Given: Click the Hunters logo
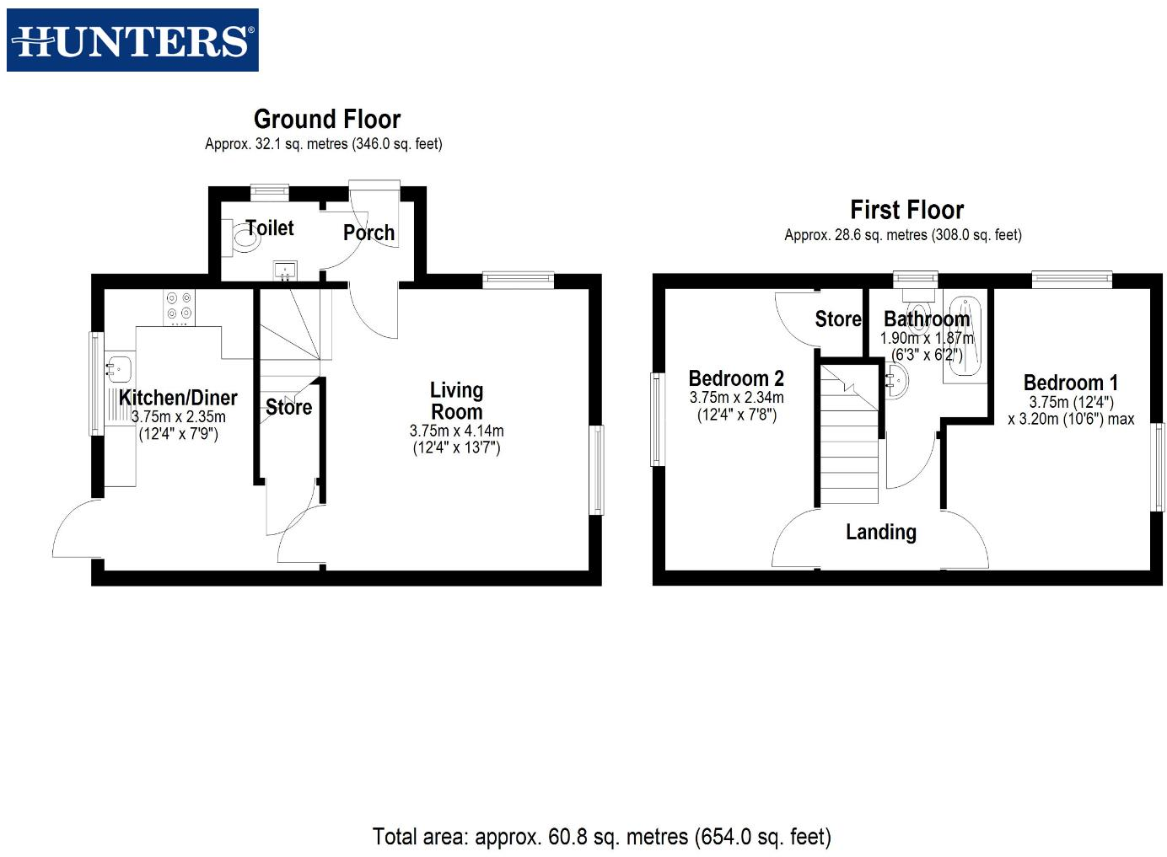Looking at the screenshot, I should pos(132,40).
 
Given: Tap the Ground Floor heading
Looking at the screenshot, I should pos(327,119).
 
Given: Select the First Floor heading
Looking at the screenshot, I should pos(906,210).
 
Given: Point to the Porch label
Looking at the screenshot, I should pos(368,233).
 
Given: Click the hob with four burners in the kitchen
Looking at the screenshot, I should pos(179,307).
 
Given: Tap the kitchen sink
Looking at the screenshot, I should pos(117,367).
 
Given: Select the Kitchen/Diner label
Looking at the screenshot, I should pos(178,398).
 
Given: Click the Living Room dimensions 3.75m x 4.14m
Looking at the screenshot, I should pos(456,431).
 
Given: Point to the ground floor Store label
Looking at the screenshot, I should pos(288,407).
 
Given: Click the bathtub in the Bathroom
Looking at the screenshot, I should pos(961,337).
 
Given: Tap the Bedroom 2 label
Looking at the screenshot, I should pos(736,378).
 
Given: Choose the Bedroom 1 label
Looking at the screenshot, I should pos(1070,383).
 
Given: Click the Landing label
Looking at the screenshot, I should pos(880,532).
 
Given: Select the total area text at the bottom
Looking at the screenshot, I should pos(601,837).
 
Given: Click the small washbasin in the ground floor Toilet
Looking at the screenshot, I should pos(285,270).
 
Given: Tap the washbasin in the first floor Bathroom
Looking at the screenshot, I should pos(897,382).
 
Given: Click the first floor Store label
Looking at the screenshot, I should pos(837,319).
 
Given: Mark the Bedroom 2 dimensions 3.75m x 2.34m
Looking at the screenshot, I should pos(736,398).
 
